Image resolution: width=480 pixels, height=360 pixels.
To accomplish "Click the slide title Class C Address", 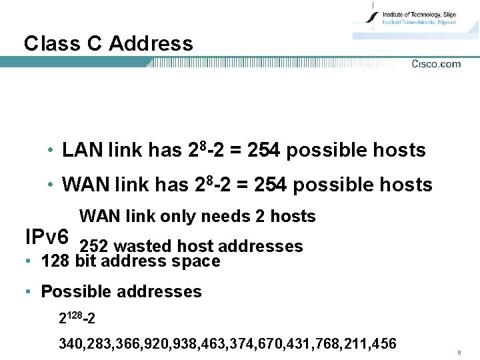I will click(x=108, y=44).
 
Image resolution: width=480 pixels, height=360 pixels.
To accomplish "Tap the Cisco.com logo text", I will click(x=436, y=64).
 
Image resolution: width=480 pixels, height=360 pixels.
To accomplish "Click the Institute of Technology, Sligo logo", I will click(x=413, y=18).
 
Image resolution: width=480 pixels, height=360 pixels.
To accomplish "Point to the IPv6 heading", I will click(x=46, y=237).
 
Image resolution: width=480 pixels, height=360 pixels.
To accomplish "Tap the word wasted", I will click(x=141, y=247).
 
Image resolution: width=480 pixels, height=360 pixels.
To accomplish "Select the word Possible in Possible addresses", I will click(x=72, y=292).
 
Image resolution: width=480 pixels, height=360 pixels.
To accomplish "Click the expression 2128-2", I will click(x=77, y=319).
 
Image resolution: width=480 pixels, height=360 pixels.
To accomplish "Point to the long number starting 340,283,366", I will click(x=227, y=344).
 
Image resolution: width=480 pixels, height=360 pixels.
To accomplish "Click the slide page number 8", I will click(x=459, y=351).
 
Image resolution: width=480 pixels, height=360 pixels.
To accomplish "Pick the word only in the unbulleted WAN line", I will click(x=178, y=217).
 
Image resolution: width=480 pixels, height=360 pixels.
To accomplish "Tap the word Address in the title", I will click(x=151, y=44).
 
